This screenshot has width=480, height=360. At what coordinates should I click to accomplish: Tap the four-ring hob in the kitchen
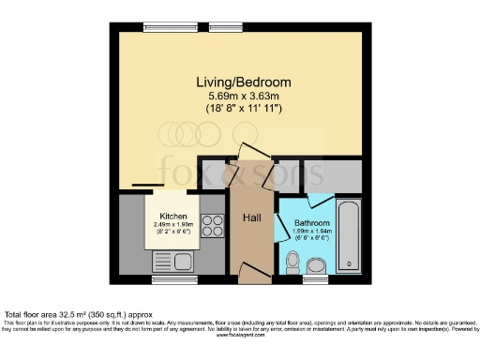(213, 227)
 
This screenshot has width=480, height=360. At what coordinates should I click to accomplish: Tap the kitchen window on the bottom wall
(175, 278)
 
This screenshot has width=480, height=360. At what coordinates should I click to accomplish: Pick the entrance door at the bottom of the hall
(251, 273)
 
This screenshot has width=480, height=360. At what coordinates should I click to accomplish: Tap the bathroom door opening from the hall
(279, 226)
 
